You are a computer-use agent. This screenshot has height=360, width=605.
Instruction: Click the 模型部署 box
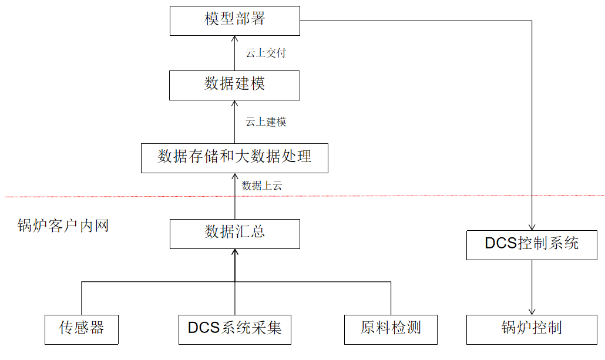tap(234, 20)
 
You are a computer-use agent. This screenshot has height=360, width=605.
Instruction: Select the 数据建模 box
tap(234, 85)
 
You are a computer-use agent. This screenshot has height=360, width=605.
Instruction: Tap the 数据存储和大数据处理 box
tap(234, 157)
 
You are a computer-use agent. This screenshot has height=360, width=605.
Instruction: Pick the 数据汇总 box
tap(234, 233)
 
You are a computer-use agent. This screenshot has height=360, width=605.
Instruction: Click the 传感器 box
tap(81, 329)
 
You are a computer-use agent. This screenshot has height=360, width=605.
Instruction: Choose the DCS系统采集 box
tap(235, 329)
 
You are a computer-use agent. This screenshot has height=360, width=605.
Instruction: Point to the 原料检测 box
tap(391, 329)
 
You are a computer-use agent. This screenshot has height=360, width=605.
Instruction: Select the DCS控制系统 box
tap(532, 244)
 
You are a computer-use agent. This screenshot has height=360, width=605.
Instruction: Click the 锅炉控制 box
tap(532, 329)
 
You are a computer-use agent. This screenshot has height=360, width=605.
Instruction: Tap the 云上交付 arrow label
tap(266, 53)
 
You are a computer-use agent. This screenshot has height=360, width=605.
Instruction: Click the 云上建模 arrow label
tap(266, 122)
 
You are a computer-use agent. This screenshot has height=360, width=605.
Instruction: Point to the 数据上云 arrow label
tap(262, 186)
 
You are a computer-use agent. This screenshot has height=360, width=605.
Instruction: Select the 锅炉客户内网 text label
tap(63, 226)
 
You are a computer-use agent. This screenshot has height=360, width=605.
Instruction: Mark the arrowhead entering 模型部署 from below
tap(234, 38)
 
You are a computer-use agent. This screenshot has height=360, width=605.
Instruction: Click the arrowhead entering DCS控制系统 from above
tap(532, 227)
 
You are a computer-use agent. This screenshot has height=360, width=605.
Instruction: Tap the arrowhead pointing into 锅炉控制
tap(532, 311)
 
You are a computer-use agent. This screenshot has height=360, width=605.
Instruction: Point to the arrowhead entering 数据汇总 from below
tap(234, 252)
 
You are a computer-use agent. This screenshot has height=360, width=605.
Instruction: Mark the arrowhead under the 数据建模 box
tap(234, 104)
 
